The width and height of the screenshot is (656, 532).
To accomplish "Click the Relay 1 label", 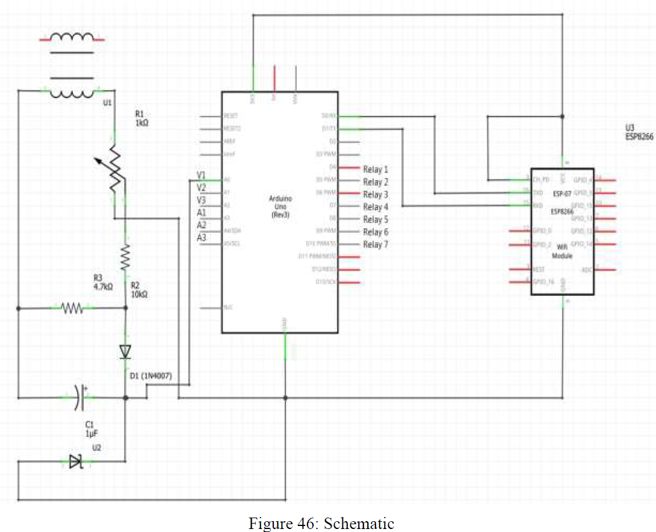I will (x=376, y=170).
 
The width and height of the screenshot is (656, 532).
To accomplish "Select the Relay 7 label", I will (x=376, y=245).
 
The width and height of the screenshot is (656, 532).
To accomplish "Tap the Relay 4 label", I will (x=376, y=207).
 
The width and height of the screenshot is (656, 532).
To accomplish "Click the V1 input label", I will (x=202, y=175).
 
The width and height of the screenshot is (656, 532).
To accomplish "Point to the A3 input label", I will (x=202, y=238).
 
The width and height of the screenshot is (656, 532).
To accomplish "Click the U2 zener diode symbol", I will (x=75, y=462).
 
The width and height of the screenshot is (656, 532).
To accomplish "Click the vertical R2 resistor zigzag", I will (x=125, y=257).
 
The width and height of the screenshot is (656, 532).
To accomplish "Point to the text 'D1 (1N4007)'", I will (x=151, y=376).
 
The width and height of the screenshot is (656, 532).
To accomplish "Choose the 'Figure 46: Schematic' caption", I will (x=321, y=524).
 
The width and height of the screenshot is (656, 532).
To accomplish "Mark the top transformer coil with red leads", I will (x=72, y=38).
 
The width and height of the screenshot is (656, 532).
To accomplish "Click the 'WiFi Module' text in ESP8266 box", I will (x=562, y=251).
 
